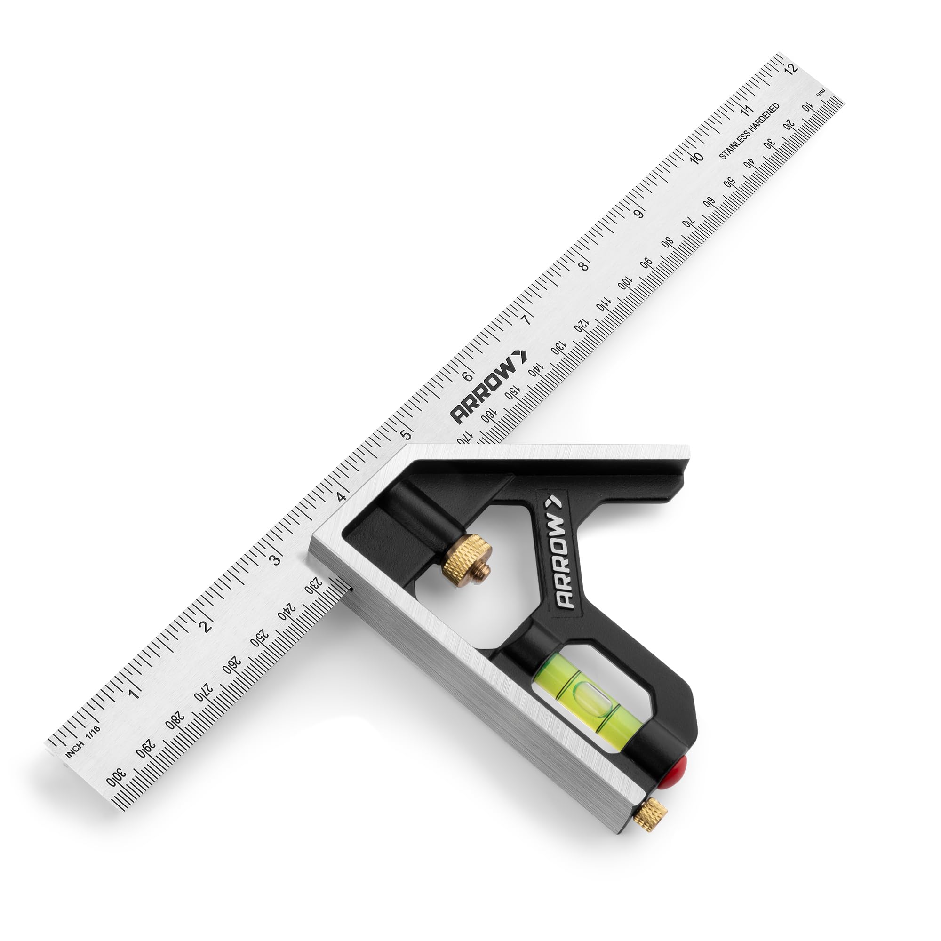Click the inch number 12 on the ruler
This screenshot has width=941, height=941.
tap(792, 68)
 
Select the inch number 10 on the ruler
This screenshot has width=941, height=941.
tap(697, 158)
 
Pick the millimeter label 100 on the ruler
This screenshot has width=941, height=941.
tap(625, 283)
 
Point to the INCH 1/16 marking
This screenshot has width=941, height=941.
tap(83, 742)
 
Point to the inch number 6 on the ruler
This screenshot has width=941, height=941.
tap(467, 376)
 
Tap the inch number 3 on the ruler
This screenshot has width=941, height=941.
tap(276, 559)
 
